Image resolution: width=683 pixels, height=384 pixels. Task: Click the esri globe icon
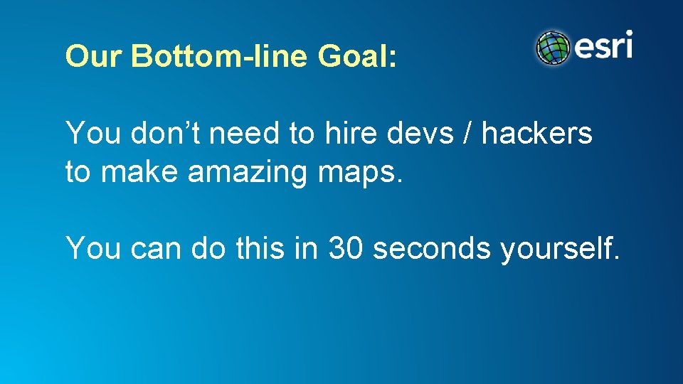click(x=554, y=48)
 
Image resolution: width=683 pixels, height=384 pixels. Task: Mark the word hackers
click(x=537, y=133)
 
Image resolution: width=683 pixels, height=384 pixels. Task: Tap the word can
click(x=154, y=248)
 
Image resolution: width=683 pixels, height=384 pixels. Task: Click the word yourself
click(x=560, y=248)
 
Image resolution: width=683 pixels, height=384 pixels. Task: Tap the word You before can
click(x=92, y=248)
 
